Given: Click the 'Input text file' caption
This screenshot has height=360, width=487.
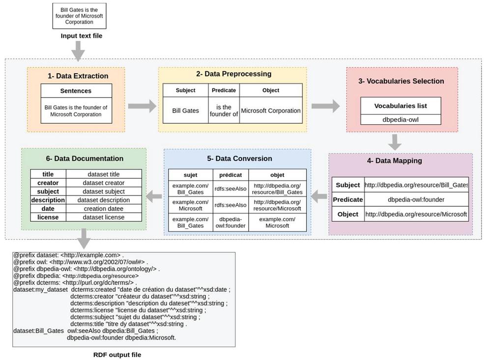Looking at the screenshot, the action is [82, 36].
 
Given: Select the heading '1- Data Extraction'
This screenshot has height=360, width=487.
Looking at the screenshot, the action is [78, 76].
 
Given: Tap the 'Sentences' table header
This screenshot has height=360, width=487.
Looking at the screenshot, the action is [76, 91].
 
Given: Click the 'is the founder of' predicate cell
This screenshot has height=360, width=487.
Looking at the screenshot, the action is [224, 111].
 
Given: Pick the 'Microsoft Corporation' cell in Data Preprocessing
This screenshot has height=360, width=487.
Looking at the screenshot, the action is [271, 111].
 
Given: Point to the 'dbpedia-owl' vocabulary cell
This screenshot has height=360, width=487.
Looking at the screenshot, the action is [401, 119].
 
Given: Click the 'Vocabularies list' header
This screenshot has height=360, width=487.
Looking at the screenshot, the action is [401, 106].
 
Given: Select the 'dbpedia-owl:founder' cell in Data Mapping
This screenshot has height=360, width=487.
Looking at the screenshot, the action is [416, 199].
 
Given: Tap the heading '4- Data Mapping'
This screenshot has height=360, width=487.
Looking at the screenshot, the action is [395, 161].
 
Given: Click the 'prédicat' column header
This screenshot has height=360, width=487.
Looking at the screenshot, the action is [230, 175].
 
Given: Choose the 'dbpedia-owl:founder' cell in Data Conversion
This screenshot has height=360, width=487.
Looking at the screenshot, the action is [230, 222].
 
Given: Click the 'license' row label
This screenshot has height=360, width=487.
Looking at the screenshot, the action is [48, 217].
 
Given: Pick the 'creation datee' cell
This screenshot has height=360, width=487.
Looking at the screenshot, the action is [103, 209].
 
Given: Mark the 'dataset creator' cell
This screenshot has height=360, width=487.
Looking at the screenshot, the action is [103, 183].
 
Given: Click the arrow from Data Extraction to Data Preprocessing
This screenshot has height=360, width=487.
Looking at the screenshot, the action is [142, 106].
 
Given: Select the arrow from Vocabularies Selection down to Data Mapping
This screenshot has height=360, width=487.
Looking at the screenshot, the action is [395, 142].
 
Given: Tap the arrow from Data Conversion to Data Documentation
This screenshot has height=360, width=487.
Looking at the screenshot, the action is [154, 196].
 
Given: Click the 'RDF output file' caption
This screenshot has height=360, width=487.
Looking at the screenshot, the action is [117, 355].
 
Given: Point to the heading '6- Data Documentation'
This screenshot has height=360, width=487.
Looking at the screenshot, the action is [85, 159].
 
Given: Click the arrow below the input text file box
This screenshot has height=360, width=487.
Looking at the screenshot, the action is [78, 51].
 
